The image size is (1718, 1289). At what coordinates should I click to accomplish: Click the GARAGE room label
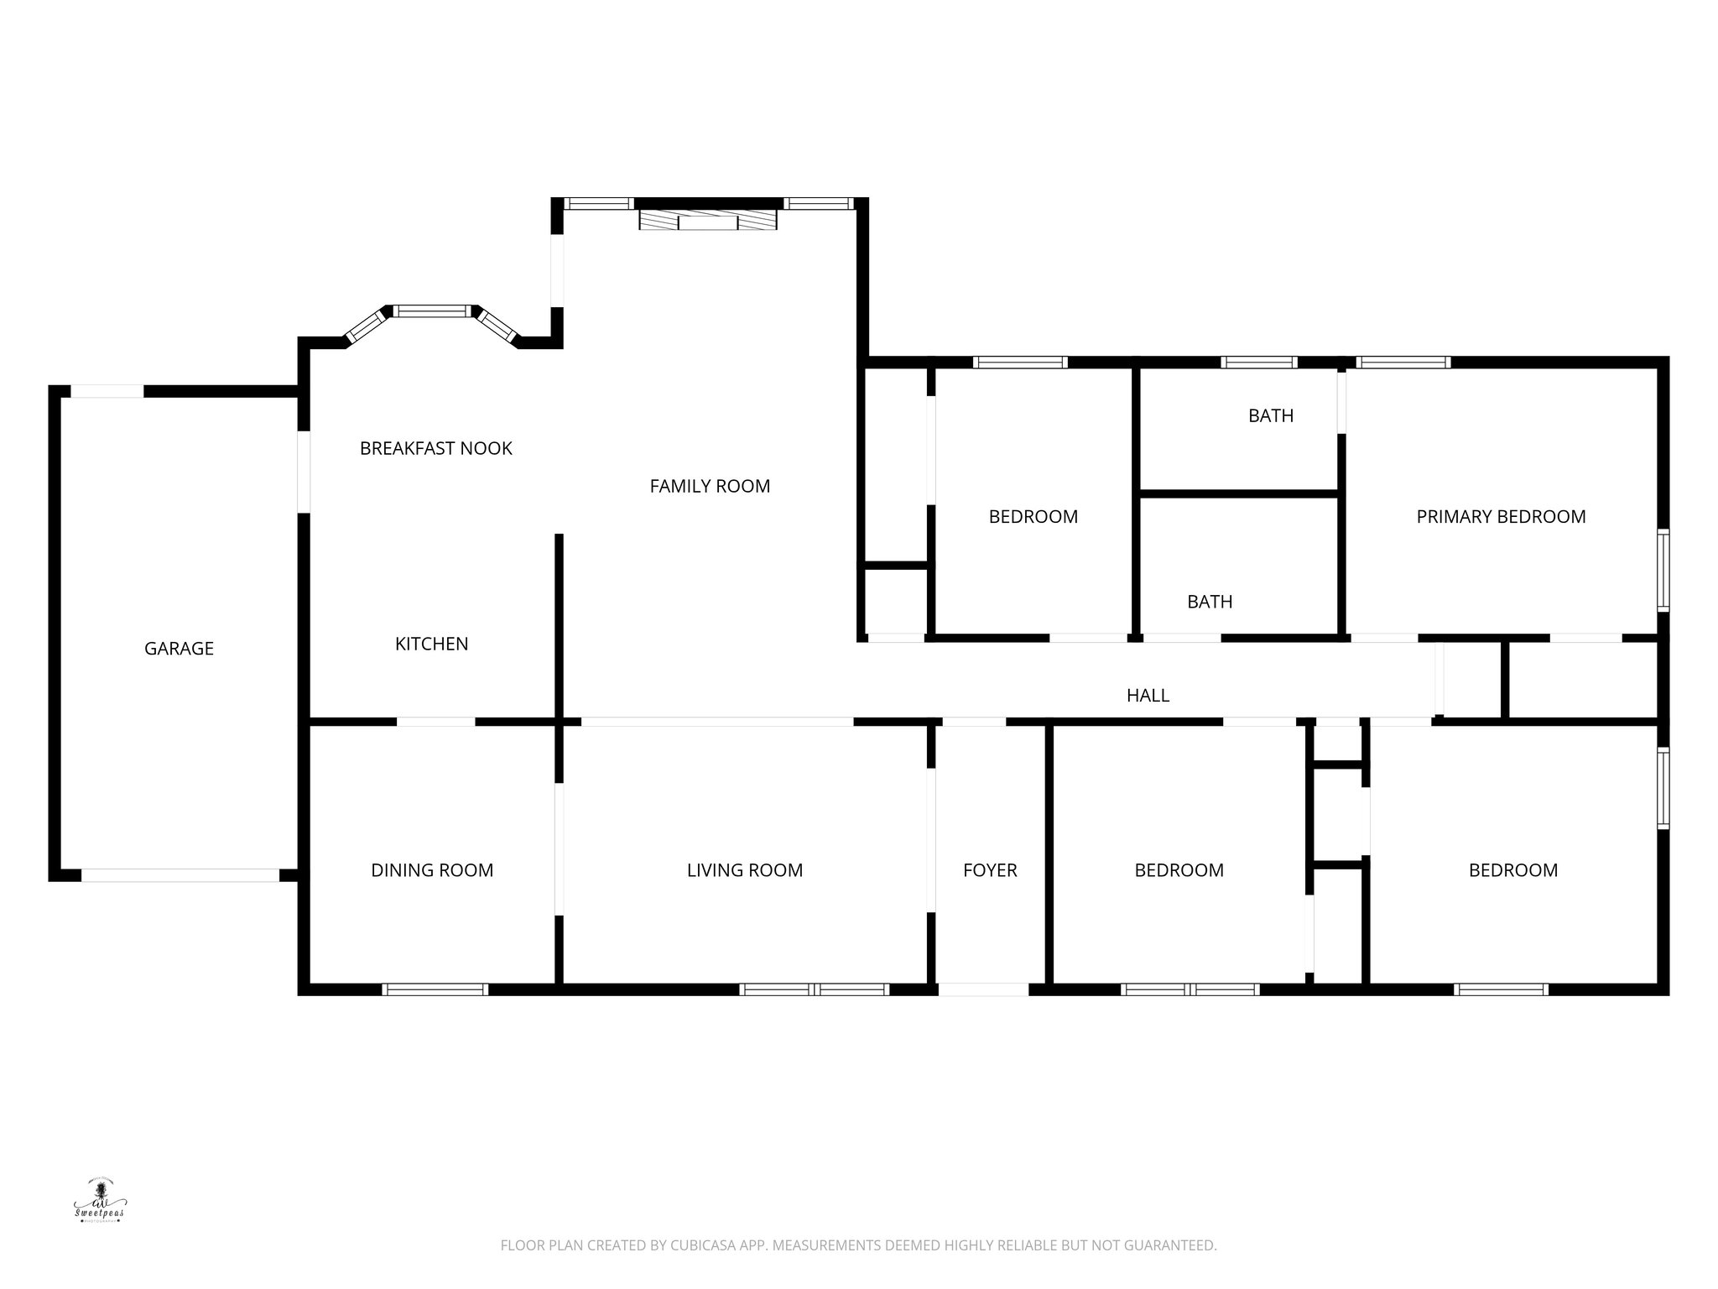(179, 649)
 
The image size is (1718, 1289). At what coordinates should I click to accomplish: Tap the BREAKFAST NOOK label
(435, 449)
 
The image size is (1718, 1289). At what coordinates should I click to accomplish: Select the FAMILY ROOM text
(710, 487)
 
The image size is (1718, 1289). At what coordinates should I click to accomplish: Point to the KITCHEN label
(431, 644)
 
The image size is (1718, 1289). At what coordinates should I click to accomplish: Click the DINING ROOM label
(432, 871)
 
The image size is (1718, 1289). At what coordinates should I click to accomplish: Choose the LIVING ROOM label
(745, 871)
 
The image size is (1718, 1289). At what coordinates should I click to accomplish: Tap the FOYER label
(990, 871)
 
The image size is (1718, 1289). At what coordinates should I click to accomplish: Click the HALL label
(1148, 696)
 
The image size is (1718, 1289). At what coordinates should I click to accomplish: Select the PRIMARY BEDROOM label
(1501, 517)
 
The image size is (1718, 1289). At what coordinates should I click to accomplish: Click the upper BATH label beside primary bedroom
(1271, 416)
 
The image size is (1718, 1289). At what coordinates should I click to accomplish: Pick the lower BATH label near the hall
(1210, 602)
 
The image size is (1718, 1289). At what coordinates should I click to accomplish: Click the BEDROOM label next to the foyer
(1179, 871)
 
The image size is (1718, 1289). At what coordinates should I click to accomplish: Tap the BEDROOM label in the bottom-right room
(1512, 871)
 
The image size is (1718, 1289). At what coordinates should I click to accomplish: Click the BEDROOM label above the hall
(1033, 517)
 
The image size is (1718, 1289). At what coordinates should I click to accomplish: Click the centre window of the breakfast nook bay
(433, 311)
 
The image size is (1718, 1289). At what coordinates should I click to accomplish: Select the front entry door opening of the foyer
(983, 990)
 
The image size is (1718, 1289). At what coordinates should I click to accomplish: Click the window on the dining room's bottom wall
(435, 990)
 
